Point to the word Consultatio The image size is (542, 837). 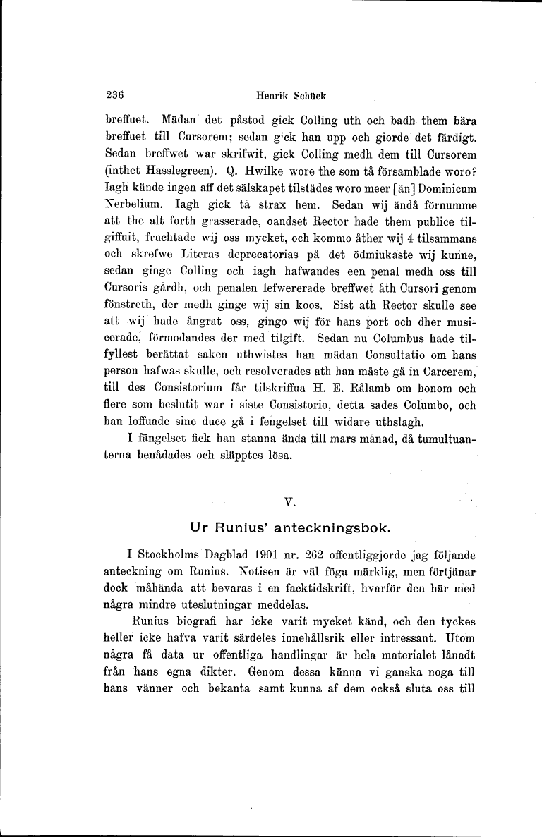coord(364,358)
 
